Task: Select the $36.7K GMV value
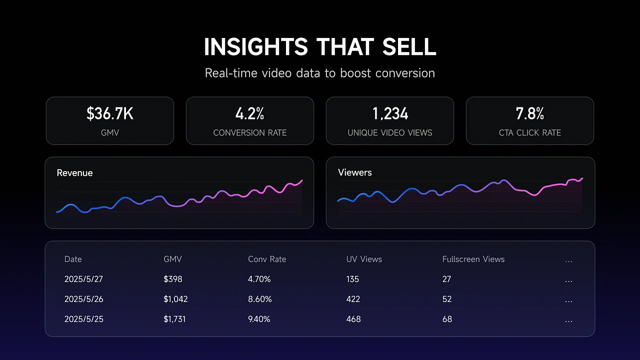point(110,114)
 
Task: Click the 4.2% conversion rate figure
point(250,114)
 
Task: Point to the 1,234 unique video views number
point(390,114)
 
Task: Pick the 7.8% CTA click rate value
point(530,114)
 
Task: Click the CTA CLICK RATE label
point(530,132)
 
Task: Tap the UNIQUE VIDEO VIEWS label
point(390,132)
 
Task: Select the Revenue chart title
point(74,173)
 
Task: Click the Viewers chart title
point(355,172)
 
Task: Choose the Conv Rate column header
point(267,259)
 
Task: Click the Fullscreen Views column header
point(473,259)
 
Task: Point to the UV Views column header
point(364,259)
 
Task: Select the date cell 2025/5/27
point(83,279)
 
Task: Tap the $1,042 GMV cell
point(175,299)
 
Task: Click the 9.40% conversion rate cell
point(259,319)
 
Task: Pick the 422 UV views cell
point(353,299)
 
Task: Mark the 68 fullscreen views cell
point(447,319)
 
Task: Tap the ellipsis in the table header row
point(568,260)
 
